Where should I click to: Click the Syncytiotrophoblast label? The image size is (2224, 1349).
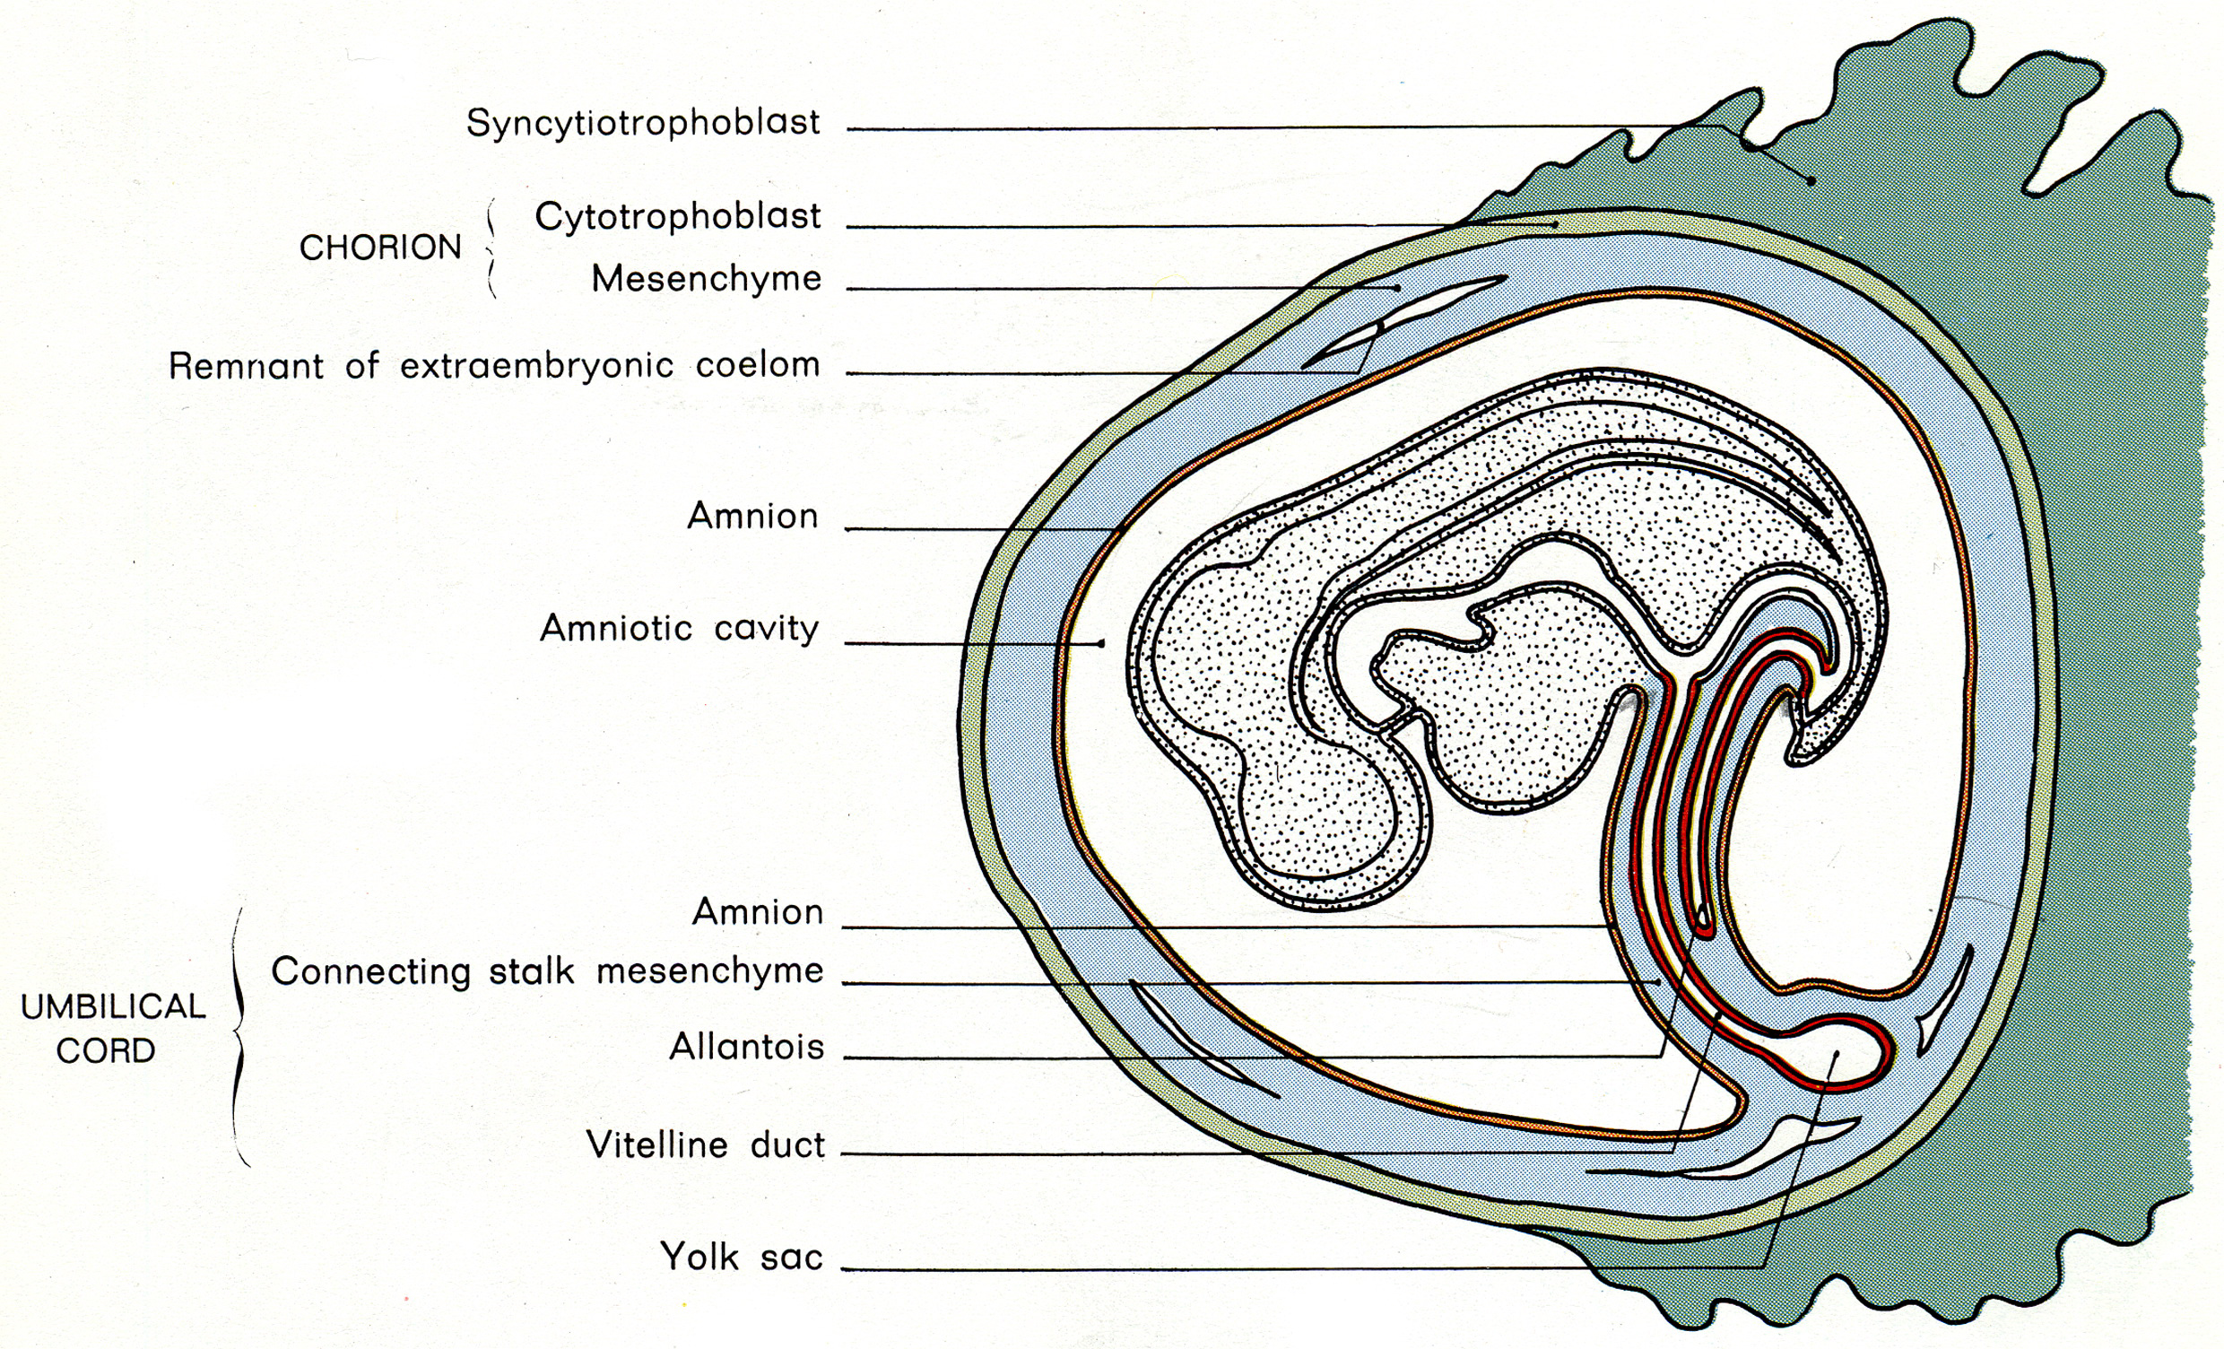(x=643, y=123)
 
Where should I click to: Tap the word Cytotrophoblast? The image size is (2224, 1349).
(x=678, y=217)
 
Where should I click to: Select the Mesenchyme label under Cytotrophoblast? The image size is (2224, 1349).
(x=706, y=279)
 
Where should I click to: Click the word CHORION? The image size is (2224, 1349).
(x=380, y=248)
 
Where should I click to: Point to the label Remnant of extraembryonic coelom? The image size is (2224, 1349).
(x=495, y=366)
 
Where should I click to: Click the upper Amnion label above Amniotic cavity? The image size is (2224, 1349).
(x=752, y=517)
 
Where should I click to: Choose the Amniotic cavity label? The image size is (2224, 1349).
(x=679, y=629)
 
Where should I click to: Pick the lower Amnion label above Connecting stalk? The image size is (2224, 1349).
(x=757, y=912)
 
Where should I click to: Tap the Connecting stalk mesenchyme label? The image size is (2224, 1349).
(x=547, y=971)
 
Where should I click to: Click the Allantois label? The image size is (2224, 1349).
(x=746, y=1048)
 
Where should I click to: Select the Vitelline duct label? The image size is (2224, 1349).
(x=706, y=1144)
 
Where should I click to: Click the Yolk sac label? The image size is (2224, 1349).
(x=742, y=1257)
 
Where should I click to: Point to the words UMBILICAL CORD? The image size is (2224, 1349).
(x=113, y=1029)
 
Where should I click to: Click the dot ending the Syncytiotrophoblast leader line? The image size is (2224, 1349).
(x=1811, y=180)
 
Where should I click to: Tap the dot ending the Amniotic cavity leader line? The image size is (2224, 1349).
(x=1101, y=644)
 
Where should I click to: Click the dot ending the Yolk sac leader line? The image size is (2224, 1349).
(x=1836, y=1054)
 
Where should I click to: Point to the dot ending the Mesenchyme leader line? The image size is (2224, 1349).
(x=1397, y=288)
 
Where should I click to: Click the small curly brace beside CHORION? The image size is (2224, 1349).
(x=491, y=248)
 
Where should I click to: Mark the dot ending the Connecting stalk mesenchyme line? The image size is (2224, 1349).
(x=1657, y=981)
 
